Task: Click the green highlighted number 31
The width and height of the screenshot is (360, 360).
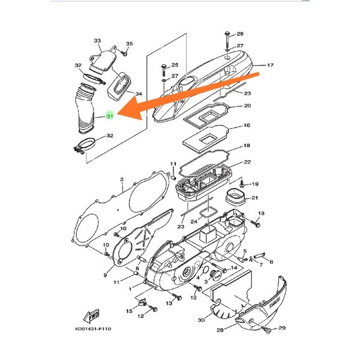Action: (110, 117)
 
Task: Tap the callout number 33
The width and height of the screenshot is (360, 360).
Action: (98, 41)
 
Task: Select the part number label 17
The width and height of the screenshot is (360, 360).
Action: (270, 65)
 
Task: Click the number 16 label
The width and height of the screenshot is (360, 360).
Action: (246, 127)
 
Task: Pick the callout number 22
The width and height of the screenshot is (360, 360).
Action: (247, 163)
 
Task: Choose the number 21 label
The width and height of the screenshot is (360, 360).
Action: (254, 199)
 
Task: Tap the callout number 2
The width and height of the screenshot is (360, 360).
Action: (121, 179)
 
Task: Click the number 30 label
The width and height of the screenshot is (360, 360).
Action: (200, 320)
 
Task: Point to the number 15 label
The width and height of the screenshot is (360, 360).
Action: (129, 311)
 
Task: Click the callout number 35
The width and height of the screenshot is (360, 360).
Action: (129, 44)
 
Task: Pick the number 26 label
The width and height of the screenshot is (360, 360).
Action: (240, 34)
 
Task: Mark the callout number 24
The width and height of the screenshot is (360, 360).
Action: (193, 221)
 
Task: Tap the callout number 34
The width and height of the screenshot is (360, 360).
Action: (138, 94)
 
